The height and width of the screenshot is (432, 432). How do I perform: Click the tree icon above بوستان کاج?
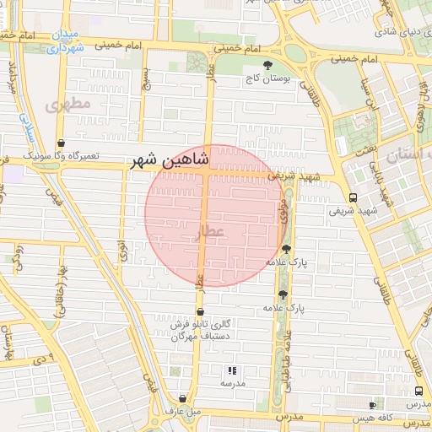click(x=268, y=65)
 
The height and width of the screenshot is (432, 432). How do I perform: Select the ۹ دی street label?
click(x=43, y=358)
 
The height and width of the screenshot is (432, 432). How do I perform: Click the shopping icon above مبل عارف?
click(x=183, y=398)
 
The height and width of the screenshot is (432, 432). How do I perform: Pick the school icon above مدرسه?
click(x=233, y=370)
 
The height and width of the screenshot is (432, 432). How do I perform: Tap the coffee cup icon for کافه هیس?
click(x=372, y=406)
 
